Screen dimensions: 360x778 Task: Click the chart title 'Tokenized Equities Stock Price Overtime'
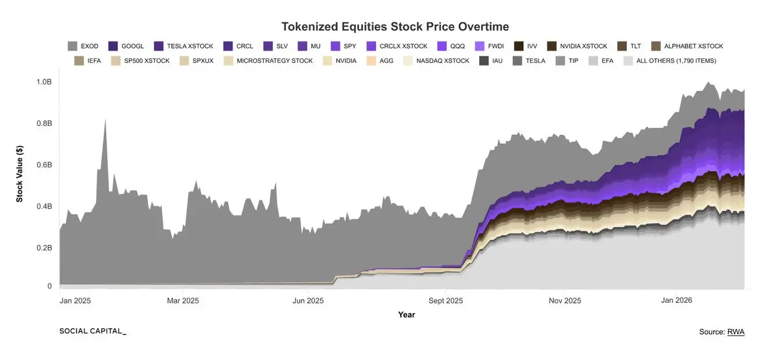395,27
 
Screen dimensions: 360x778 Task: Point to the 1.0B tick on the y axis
43,82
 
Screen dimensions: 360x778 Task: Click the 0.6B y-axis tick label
43,165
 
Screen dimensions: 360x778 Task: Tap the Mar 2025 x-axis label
183,301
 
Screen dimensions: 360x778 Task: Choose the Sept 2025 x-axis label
446,301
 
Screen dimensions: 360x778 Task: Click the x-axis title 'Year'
407,315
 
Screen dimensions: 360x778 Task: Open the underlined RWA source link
736,332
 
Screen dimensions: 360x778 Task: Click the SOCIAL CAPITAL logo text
92,331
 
